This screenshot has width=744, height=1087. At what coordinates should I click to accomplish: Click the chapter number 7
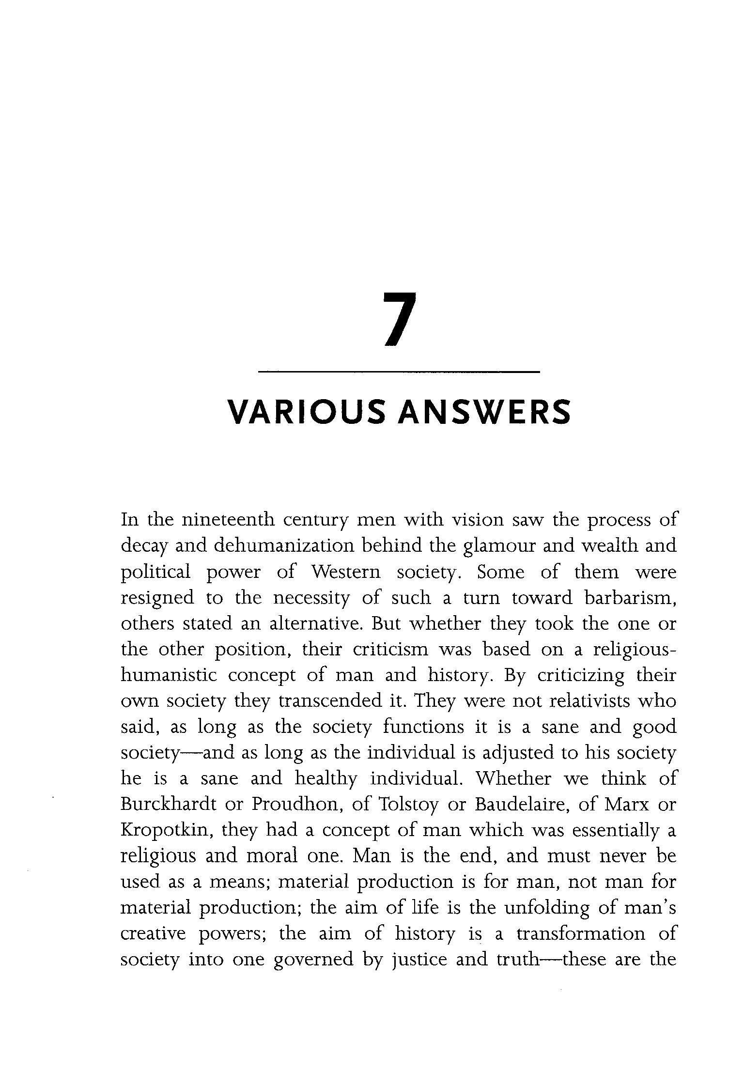pos(400,319)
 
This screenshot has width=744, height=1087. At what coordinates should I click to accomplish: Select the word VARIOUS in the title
pos(306,412)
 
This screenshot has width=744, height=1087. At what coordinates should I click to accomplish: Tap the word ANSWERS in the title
pos(484,412)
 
